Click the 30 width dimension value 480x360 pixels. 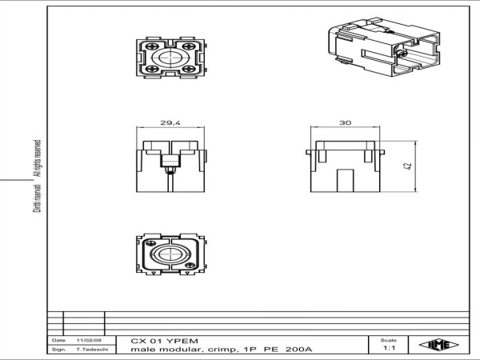[345, 124]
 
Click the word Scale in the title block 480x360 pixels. [390, 340]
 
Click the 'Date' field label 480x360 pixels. [58, 341]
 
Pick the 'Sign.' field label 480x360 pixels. [58, 350]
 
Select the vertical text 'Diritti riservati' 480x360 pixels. [36, 198]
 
